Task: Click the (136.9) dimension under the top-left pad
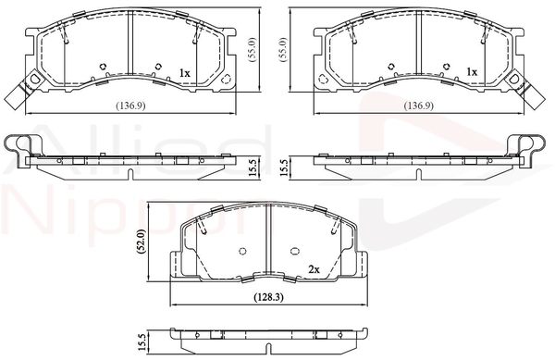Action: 131,106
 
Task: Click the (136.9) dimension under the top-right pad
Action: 419,106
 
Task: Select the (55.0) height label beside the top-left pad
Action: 253,50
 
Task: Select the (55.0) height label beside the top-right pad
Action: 284,50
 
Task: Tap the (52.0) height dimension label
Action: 142,241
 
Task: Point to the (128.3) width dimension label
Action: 269,297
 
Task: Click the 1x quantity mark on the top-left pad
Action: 185,73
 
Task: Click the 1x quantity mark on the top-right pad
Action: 472,72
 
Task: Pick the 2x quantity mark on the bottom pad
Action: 314,269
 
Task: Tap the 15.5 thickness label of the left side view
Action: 253,168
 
